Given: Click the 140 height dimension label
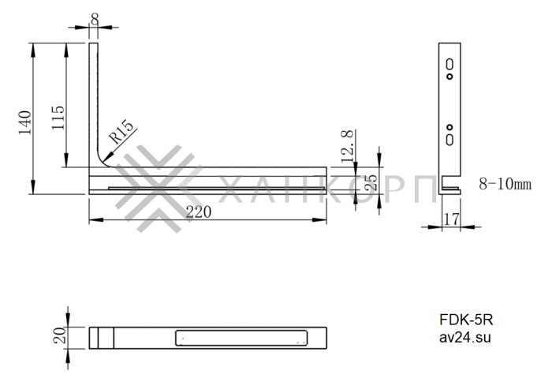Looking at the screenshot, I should click(x=25, y=123).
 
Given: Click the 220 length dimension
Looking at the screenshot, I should click(x=198, y=211).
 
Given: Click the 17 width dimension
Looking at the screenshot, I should click(x=449, y=219).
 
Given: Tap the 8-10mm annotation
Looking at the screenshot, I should click(x=505, y=185).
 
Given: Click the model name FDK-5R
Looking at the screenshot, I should click(x=466, y=320).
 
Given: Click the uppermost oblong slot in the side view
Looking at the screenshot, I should click(x=449, y=64).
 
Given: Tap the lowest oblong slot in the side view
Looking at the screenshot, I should click(x=449, y=139).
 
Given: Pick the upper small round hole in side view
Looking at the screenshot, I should click(x=449, y=77).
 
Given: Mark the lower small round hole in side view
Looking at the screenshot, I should click(x=449, y=126).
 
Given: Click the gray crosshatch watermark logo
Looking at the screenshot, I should click(x=158, y=189).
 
